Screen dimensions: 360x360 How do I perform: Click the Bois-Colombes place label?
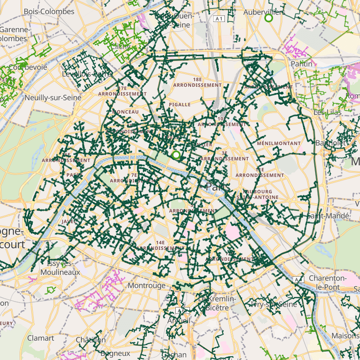click(49, 11)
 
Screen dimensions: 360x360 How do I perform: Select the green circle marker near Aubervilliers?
click(268, 18)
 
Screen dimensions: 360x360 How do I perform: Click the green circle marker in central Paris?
click(176, 155)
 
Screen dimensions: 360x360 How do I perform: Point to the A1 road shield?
click(218, 19)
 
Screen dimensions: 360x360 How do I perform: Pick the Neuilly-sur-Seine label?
click(53, 98)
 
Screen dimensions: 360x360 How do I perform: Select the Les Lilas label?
click(326, 112)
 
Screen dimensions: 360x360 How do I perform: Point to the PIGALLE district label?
click(180, 105)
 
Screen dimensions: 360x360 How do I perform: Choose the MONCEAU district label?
click(126, 112)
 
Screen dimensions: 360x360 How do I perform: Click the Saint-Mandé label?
click(328, 216)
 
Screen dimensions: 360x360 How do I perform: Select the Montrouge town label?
click(146, 285)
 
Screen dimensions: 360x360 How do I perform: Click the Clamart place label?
click(41, 338)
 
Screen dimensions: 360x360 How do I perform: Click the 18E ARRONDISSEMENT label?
click(197, 83)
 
